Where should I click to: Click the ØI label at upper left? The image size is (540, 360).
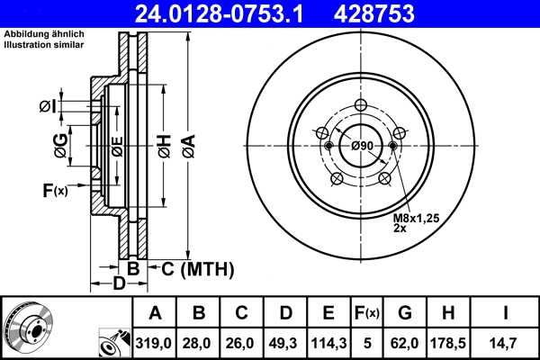[x=48, y=107]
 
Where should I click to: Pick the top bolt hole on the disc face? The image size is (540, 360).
[x=361, y=104]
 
